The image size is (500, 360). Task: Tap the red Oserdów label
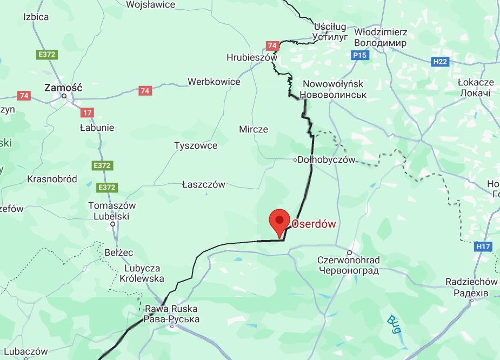click(313, 224)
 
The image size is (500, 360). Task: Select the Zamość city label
click(63, 86)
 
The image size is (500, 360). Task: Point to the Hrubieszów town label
click(251, 57)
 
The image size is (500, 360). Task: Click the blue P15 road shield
click(359, 55)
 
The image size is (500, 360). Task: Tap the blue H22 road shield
click(440, 62)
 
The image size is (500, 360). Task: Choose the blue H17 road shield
click(483, 246)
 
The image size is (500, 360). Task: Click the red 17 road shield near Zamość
click(88, 112)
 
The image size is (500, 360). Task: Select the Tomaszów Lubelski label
click(112, 211)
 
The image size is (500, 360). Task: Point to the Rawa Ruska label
click(171, 315)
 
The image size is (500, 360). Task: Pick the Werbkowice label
click(214, 82)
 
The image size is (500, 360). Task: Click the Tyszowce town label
click(196, 145)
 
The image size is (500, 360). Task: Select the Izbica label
click(36, 17)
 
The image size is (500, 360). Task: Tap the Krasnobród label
click(52, 179)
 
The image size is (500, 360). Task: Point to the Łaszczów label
click(203, 184)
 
